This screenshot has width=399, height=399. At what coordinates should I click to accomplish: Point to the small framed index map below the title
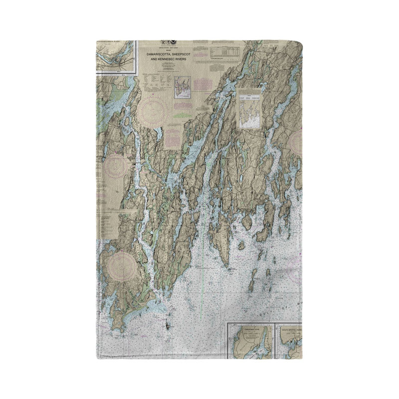[183, 88]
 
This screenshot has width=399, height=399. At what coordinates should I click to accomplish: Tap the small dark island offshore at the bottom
[168, 327]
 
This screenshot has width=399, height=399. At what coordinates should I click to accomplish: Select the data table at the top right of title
[224, 52]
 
